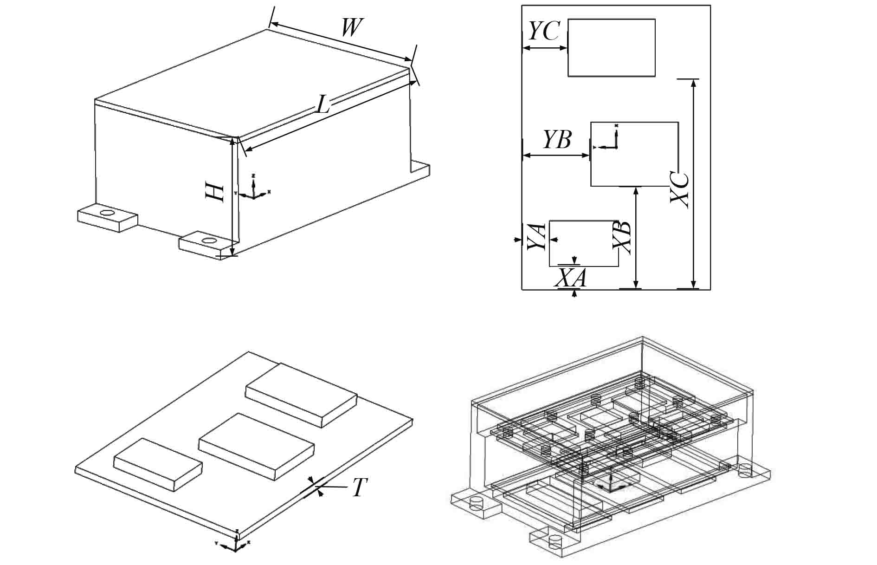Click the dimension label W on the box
[351, 28]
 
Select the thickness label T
[359, 487]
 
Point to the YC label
[544, 32]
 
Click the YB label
[557, 140]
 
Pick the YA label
[537, 236]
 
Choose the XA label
[572, 278]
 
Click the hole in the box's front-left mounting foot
[107, 213]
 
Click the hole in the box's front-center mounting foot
[209, 240]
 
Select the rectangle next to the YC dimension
[612, 47]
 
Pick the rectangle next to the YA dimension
[584, 243]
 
